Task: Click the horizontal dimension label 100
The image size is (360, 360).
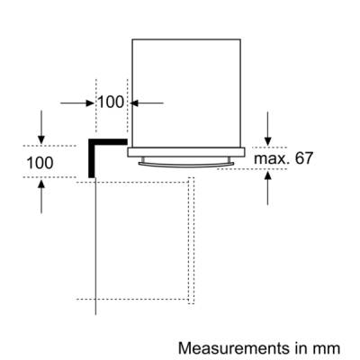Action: tap(111, 103)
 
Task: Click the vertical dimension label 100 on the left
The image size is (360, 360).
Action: tap(40, 163)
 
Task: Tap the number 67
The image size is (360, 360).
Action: tap(303, 158)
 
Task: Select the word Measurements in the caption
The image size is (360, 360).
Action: tap(231, 348)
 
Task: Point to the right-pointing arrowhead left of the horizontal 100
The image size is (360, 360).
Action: tap(90, 103)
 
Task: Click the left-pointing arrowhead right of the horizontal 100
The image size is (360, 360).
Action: tap(134, 103)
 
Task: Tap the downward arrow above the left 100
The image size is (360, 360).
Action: tap(41, 127)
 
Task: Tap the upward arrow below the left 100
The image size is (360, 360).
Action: tap(41, 196)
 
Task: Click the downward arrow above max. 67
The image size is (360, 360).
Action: tap(268, 129)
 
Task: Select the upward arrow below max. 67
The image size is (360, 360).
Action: tap(268, 187)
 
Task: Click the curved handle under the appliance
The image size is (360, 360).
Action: tap(186, 165)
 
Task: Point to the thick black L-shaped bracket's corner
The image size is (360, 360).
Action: tap(91, 141)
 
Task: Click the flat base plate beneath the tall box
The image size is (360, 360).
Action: tap(186, 152)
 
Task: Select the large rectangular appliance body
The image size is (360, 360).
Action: tap(186, 93)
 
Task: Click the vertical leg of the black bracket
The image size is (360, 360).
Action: tap(91, 158)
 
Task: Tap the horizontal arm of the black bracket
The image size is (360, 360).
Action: tap(108, 141)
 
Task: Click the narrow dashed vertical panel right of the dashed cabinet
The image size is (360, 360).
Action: tap(191, 240)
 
